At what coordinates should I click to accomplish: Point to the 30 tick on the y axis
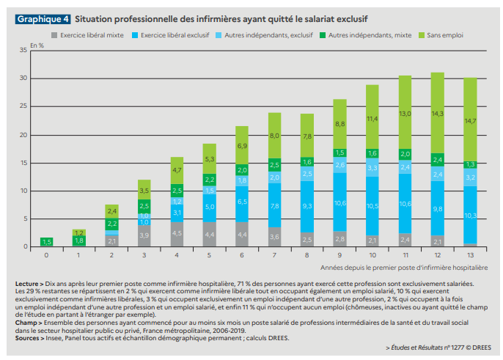click(23, 78)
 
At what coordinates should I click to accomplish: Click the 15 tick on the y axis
click(23, 162)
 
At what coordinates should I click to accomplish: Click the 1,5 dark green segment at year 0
click(46, 241)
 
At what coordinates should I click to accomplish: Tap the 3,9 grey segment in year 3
click(145, 235)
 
